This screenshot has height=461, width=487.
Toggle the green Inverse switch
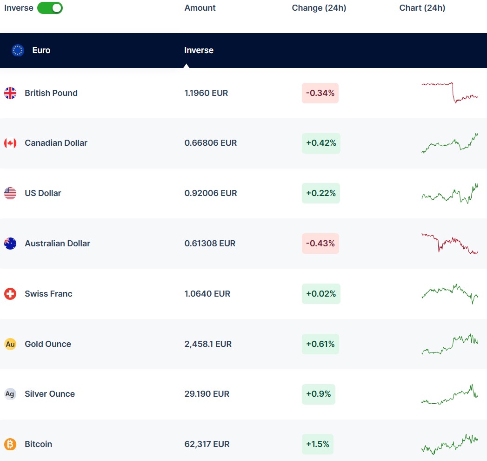coord(50,8)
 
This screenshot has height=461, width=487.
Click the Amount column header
coord(200,8)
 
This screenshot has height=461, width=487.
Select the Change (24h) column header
coord(319,8)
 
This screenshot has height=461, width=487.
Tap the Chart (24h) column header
coord(422,8)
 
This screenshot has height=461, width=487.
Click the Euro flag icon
coord(18,50)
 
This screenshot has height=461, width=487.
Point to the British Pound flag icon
coord(10,93)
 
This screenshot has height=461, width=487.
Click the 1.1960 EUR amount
coord(206,93)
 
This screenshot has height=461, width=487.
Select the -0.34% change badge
coord(320,93)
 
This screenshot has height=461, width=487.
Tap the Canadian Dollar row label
coord(56,143)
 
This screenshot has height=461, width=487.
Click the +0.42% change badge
coord(321,143)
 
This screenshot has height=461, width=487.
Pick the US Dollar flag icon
coord(10,193)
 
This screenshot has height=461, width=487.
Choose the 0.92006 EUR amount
coord(211,193)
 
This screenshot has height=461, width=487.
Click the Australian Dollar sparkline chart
coord(450,244)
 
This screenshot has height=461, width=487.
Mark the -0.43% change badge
coord(320,244)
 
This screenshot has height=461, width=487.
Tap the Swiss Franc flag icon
coord(10,294)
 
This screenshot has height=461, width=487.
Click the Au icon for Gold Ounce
coord(10,344)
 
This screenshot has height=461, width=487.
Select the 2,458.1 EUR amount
coord(208,344)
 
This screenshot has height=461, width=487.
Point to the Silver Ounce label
coord(50,394)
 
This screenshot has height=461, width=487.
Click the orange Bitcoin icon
coord(10,444)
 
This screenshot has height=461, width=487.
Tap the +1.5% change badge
coord(318,444)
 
